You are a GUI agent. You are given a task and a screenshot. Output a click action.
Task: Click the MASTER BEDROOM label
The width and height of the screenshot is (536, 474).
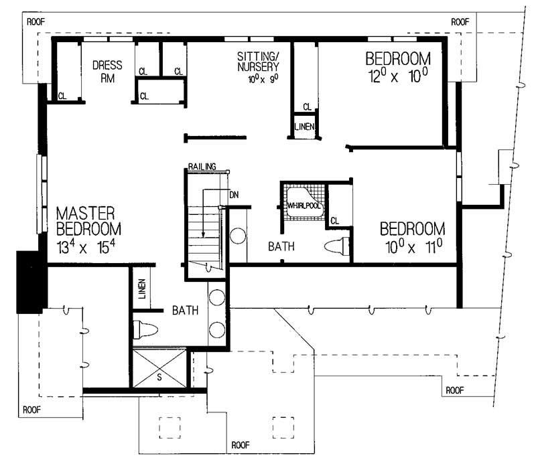pyautogui.click(x=86, y=221)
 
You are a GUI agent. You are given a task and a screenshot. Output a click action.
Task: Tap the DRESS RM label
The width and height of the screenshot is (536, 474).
pyautogui.click(x=107, y=71)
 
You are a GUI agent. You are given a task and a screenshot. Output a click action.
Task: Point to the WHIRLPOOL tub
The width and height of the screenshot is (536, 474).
pyautogui.click(x=305, y=201)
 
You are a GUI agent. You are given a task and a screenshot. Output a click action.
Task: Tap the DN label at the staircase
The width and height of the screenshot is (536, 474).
pyautogui.click(x=234, y=195)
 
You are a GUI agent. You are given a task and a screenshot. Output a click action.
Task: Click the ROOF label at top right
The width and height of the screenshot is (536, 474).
pyautogui.click(x=460, y=22)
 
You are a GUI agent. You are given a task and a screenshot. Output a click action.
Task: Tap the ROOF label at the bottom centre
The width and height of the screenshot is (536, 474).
pyautogui.click(x=241, y=444)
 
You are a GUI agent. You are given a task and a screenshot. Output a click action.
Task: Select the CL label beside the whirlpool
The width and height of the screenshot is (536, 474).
pyautogui.click(x=334, y=220)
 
